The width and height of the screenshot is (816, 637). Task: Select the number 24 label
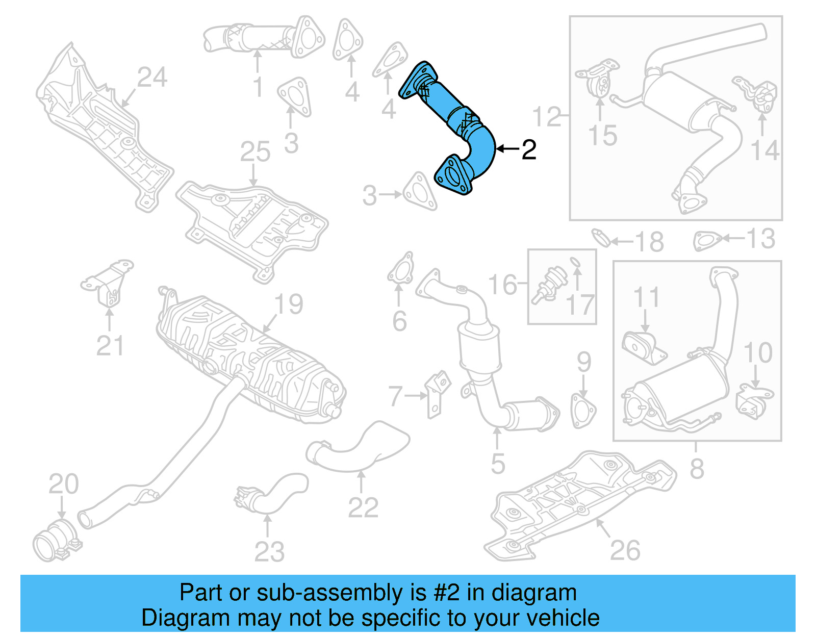coord(152,78)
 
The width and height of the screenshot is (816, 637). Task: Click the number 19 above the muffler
coord(289,304)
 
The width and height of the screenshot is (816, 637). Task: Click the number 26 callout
coord(625,550)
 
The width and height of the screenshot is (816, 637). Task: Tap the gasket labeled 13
coord(707,240)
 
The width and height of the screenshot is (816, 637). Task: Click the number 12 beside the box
coord(546,117)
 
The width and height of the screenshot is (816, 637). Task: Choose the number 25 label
coord(255,152)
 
